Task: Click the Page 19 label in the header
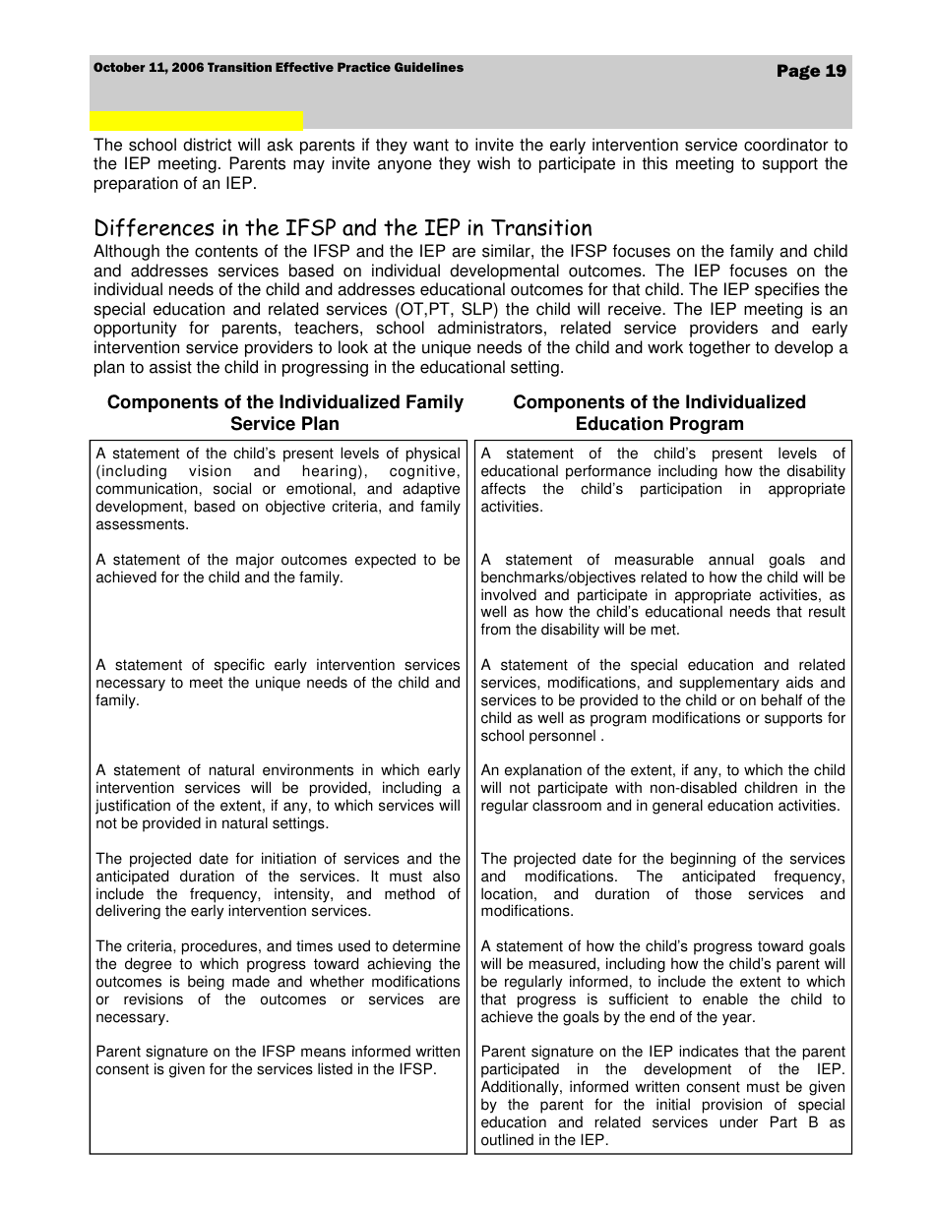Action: coord(810,71)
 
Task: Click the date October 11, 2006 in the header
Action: coord(148,68)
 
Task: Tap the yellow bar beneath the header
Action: coord(196,122)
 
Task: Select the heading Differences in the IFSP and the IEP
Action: coord(343,228)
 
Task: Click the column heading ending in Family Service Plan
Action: coord(284,413)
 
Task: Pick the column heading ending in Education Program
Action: coord(659,413)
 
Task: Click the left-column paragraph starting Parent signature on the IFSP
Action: coord(278,1060)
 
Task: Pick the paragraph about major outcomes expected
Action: coord(278,569)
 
